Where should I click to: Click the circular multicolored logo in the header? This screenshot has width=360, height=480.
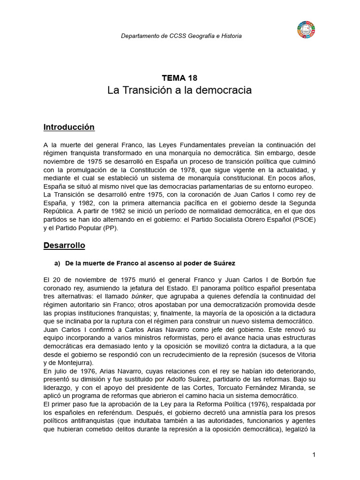coord(306,30)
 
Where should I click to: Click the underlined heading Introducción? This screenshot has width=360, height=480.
coord(69,127)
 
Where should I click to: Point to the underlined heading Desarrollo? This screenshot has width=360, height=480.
coord(64,245)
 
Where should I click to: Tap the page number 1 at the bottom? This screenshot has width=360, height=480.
coord(314,455)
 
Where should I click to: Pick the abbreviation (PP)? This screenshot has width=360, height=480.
coord(111,228)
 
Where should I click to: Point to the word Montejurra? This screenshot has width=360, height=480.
coord(71,363)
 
